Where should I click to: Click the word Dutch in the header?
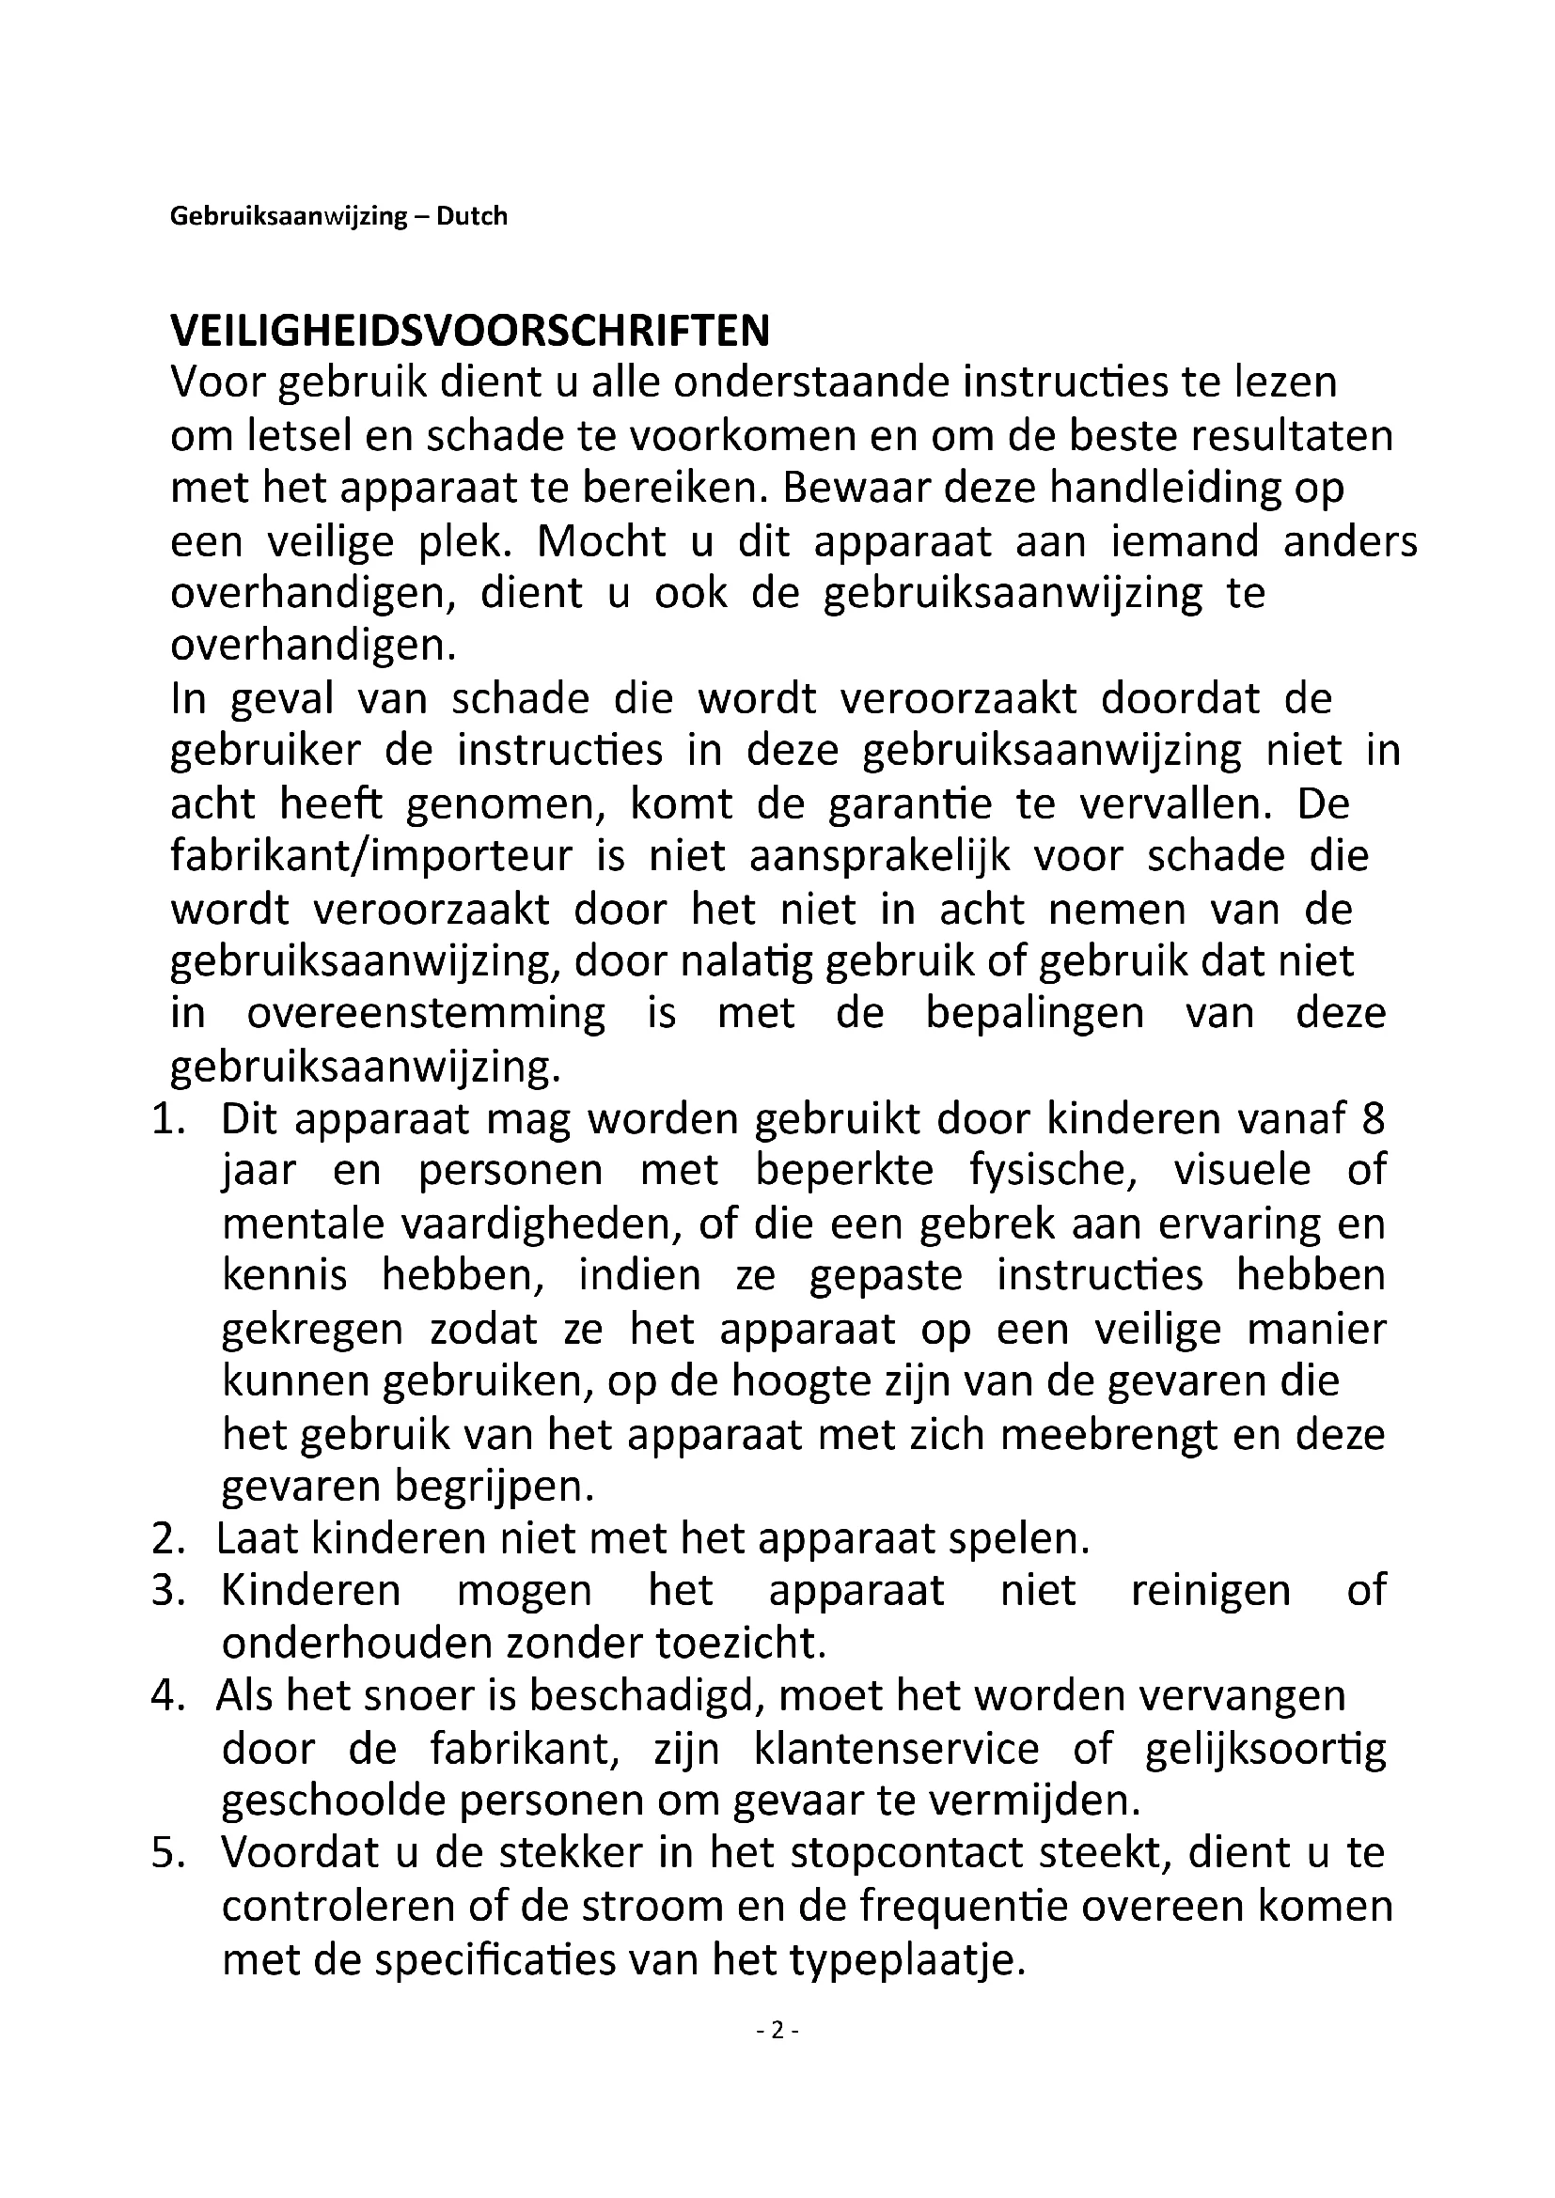pos(471,216)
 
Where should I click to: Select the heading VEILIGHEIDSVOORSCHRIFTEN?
pos(469,331)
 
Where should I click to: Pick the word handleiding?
pos(1162,490)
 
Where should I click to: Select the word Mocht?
pos(601,542)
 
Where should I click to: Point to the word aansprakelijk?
pos(879,857)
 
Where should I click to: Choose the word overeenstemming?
pos(426,1014)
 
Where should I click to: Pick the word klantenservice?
pos(896,1749)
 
